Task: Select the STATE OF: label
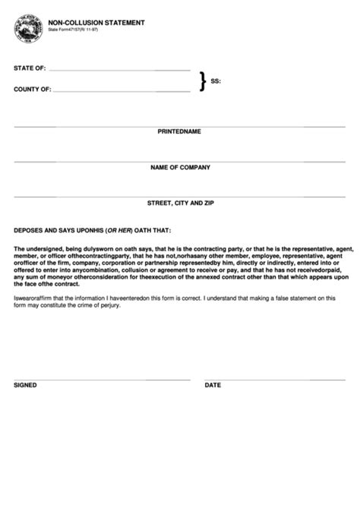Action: (x=30, y=68)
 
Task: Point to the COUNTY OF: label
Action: (x=33, y=89)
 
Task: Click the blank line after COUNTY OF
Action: (x=122, y=91)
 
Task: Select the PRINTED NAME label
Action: (x=179, y=131)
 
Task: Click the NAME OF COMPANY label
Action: (x=180, y=167)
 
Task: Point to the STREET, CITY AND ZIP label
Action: (x=180, y=204)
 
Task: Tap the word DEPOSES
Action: (x=28, y=230)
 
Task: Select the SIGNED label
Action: (x=25, y=385)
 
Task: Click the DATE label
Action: (x=213, y=385)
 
